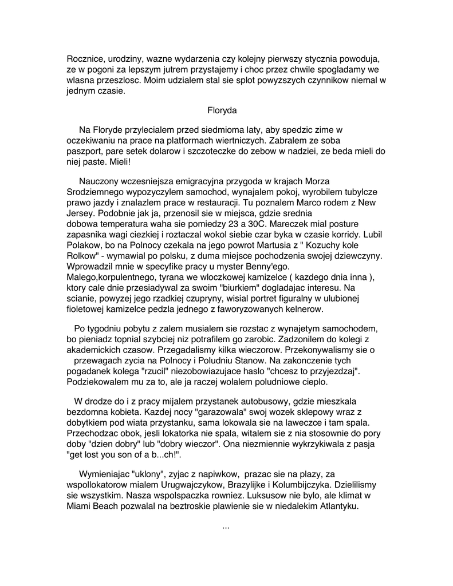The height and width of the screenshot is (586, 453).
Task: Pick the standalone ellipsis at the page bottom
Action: [x=226, y=526]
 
